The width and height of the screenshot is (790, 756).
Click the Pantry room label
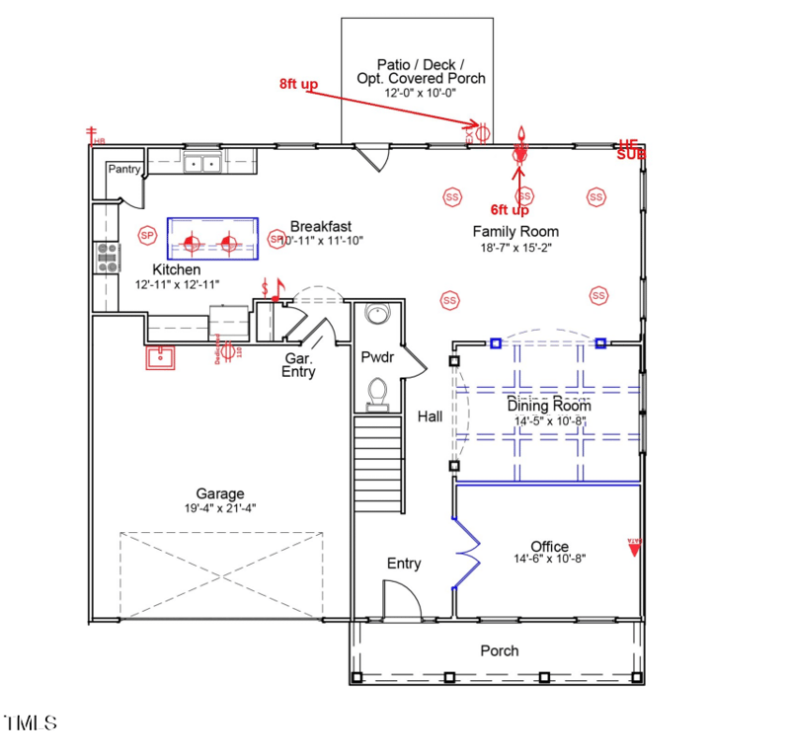pyautogui.click(x=124, y=169)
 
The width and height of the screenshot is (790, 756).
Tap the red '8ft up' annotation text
pyautogui.click(x=298, y=85)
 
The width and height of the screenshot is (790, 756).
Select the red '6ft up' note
pyautogui.click(x=510, y=210)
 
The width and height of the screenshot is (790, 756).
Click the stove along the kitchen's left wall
pyautogui.click(x=106, y=257)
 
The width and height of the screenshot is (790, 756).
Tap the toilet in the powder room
pyautogui.click(x=377, y=394)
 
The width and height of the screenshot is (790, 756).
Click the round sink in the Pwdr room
pyautogui.click(x=377, y=315)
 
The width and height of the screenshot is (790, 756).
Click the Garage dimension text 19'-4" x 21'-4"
pyautogui.click(x=219, y=508)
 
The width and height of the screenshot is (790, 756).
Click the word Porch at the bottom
pyautogui.click(x=500, y=650)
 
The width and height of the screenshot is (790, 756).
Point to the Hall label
pyautogui.click(x=430, y=416)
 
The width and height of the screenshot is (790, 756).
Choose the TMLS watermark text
pyautogui.click(x=30, y=723)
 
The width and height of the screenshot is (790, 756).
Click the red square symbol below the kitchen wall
pyautogui.click(x=160, y=357)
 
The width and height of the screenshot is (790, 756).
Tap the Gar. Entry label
pyautogui.click(x=299, y=365)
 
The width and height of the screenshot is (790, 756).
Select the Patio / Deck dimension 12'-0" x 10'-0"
pyautogui.click(x=423, y=92)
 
